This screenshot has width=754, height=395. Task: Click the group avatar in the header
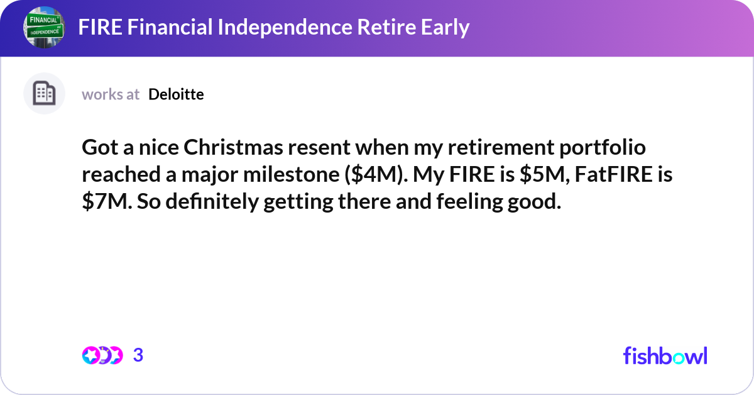click(44, 28)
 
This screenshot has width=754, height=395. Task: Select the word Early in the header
click(444, 28)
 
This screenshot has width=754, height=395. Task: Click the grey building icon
click(44, 94)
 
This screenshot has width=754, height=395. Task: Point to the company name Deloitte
click(176, 94)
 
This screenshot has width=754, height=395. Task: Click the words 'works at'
click(111, 94)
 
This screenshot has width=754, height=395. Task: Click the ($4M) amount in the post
click(371, 175)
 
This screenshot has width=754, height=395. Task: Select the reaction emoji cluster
click(102, 355)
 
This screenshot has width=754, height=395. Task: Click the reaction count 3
click(138, 355)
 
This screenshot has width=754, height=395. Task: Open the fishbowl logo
click(665, 355)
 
